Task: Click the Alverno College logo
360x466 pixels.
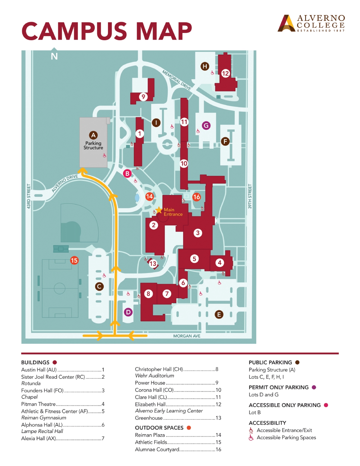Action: click(x=311, y=23)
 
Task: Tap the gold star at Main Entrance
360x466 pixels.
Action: click(x=159, y=210)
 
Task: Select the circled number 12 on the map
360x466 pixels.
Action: click(x=225, y=74)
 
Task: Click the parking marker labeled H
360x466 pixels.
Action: click(x=205, y=66)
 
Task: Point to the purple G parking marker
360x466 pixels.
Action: click(x=206, y=125)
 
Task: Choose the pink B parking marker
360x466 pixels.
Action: click(x=127, y=173)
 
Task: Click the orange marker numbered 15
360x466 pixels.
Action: click(x=74, y=260)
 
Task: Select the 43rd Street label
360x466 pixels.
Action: click(x=29, y=196)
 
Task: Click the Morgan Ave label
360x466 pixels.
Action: click(x=187, y=336)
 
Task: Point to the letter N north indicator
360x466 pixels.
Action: click(x=54, y=56)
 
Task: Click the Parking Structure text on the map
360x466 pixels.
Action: click(x=93, y=146)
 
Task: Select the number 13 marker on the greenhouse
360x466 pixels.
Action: click(x=153, y=263)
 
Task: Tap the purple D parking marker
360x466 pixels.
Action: click(x=128, y=312)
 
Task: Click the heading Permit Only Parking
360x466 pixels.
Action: click(x=278, y=387)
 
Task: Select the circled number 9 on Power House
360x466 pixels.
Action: click(x=143, y=97)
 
